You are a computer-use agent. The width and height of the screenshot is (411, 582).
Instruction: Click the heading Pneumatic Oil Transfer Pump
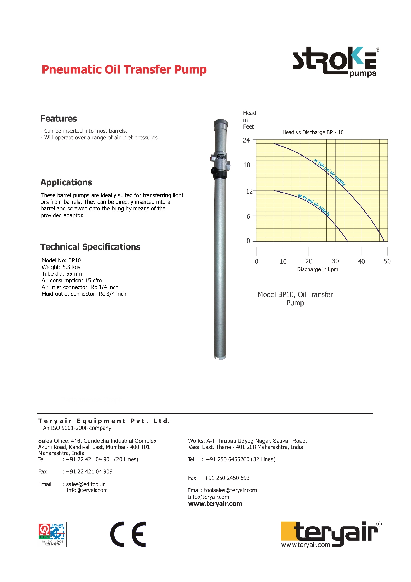click(x=124, y=69)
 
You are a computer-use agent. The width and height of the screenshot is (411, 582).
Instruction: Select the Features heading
click(x=59, y=119)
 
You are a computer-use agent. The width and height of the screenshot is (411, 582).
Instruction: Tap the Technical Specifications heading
click(x=90, y=247)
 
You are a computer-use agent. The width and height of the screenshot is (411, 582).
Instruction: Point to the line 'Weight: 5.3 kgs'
click(x=61, y=267)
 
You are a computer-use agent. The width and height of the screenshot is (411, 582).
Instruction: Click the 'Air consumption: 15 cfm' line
click(x=71, y=280)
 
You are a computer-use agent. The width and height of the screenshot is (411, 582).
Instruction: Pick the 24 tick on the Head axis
click(x=246, y=140)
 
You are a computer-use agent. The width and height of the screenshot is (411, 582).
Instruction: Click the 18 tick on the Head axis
click(x=247, y=165)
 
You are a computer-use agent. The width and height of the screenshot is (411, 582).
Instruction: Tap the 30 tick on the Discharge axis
click(x=335, y=261)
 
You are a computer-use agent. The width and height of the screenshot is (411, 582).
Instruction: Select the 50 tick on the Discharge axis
click(x=387, y=261)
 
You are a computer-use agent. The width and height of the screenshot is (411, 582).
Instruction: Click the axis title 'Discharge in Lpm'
click(x=318, y=269)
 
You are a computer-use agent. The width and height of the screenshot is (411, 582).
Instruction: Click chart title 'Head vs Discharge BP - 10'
click(x=313, y=132)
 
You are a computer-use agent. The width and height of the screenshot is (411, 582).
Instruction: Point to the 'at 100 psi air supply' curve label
click(x=329, y=172)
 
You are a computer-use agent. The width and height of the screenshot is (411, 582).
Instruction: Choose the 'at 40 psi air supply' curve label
click(x=314, y=205)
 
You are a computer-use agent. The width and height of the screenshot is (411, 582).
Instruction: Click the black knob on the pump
click(x=214, y=170)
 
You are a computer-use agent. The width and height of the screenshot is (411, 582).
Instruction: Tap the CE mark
click(x=128, y=534)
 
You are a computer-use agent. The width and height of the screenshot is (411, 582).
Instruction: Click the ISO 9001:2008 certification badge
click(x=52, y=534)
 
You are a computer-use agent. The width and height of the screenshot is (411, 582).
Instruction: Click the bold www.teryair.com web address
click(x=215, y=504)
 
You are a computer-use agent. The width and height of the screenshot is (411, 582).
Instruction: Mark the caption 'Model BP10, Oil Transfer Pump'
click(x=295, y=299)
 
